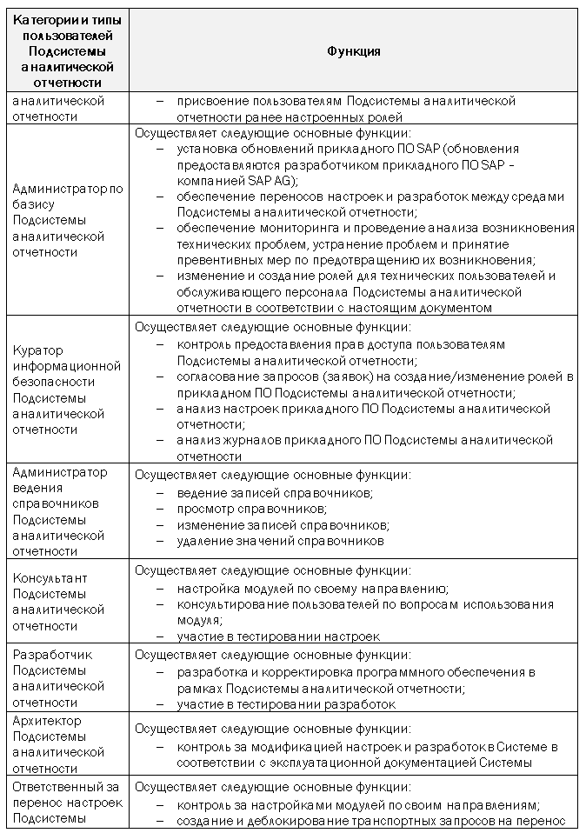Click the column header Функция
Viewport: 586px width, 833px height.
pos(353,51)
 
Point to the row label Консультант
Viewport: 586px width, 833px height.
pos(50,577)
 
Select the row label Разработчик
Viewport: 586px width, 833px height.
pos(53,655)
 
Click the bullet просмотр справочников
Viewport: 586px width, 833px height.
pos(251,509)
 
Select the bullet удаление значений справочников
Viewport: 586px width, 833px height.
pos(280,541)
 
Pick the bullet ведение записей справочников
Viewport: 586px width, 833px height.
pos(274,493)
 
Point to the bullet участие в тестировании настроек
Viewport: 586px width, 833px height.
pos(278,636)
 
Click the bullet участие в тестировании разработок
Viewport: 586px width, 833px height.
pos(286,703)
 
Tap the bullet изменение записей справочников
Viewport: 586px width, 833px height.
pos(283,524)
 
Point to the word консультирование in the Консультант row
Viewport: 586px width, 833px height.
pos(231,604)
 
